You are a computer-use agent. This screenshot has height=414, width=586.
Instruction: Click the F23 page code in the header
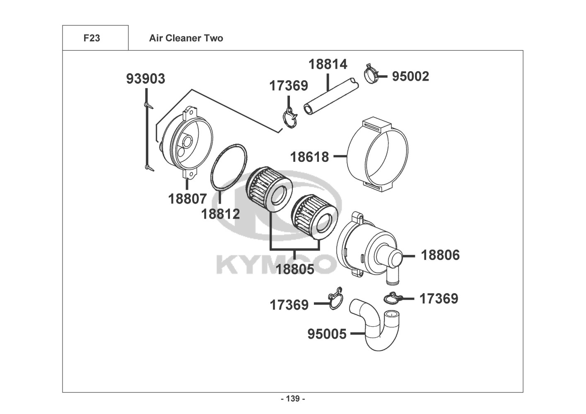click(92, 38)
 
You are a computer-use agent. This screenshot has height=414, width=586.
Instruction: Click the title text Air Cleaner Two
click(186, 38)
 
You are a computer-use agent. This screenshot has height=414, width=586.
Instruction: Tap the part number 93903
click(145, 79)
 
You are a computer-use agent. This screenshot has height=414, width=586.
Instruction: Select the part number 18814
click(328, 65)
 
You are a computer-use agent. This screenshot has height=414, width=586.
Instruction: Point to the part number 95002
click(410, 77)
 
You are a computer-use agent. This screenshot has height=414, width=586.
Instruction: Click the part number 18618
click(309, 157)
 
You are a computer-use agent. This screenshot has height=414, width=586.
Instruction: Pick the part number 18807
click(187, 199)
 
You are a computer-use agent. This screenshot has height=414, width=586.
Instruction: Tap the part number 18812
click(220, 214)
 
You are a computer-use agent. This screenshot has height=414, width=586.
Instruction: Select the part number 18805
click(295, 269)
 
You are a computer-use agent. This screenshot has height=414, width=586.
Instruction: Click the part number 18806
click(440, 255)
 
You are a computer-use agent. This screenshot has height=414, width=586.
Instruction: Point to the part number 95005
click(327, 334)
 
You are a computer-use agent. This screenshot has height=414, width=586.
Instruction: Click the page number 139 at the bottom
click(293, 399)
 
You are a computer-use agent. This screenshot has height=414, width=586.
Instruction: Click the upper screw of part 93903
click(148, 105)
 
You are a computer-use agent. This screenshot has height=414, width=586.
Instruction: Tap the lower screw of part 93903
click(149, 168)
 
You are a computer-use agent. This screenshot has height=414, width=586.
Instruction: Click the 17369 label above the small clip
click(289, 86)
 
